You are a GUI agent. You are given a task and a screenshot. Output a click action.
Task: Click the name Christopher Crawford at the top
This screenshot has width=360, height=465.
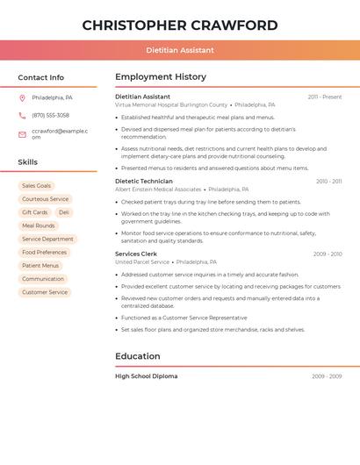point(180,25)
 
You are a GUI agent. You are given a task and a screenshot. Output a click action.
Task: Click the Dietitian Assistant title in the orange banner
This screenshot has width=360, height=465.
point(180,50)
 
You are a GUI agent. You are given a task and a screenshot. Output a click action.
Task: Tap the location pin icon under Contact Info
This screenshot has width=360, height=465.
point(22,97)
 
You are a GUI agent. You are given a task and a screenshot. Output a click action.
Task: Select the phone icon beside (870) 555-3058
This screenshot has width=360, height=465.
point(22,115)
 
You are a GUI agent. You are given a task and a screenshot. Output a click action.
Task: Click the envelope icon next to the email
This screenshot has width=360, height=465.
point(22,133)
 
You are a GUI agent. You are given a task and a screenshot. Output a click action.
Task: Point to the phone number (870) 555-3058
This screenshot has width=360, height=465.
point(51,115)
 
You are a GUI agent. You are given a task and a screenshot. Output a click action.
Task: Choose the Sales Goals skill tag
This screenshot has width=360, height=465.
point(36,186)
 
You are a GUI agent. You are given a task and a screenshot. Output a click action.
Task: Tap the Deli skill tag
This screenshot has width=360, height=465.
point(64,212)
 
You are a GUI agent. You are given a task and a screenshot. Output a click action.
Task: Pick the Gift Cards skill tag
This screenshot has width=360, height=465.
point(35,212)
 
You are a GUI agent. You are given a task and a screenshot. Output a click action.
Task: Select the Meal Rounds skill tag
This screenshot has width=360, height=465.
point(39,225)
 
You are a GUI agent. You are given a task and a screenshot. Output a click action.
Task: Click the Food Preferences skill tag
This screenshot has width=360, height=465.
point(45,253)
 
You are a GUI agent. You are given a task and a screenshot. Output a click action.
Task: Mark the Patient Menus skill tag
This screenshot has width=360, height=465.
point(40,266)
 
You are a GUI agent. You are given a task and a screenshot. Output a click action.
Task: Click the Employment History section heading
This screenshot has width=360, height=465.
point(161,77)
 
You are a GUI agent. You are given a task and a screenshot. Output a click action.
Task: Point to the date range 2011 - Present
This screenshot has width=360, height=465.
point(324,97)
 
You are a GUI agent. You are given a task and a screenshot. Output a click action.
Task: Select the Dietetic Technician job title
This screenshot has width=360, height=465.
point(144,181)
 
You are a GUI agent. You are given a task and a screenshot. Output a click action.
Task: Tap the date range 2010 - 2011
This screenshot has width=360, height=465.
point(328,182)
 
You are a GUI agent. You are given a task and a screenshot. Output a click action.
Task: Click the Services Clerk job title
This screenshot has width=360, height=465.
point(135,254)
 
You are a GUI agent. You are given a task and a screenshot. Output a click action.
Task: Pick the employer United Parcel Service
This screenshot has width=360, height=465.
point(142,261)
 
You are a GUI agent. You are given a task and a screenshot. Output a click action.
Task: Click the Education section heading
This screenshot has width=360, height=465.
point(138,356)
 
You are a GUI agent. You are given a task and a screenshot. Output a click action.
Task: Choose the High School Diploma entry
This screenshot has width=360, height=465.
point(146,376)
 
